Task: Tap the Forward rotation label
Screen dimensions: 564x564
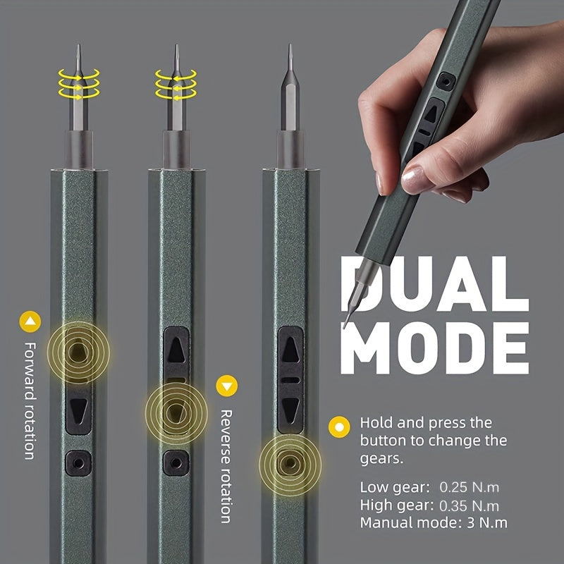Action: pos(30,400)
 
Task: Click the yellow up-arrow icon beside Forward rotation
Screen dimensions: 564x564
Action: pos(30,323)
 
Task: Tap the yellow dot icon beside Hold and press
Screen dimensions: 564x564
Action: pos(341,427)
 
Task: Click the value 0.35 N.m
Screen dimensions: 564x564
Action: pos(471,505)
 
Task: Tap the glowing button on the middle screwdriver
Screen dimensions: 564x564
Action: pos(173,408)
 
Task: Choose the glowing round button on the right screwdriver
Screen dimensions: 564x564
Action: pos(288,462)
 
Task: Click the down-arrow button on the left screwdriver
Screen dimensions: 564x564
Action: pos(78,408)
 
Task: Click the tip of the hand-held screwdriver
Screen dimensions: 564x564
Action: pos(345,326)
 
